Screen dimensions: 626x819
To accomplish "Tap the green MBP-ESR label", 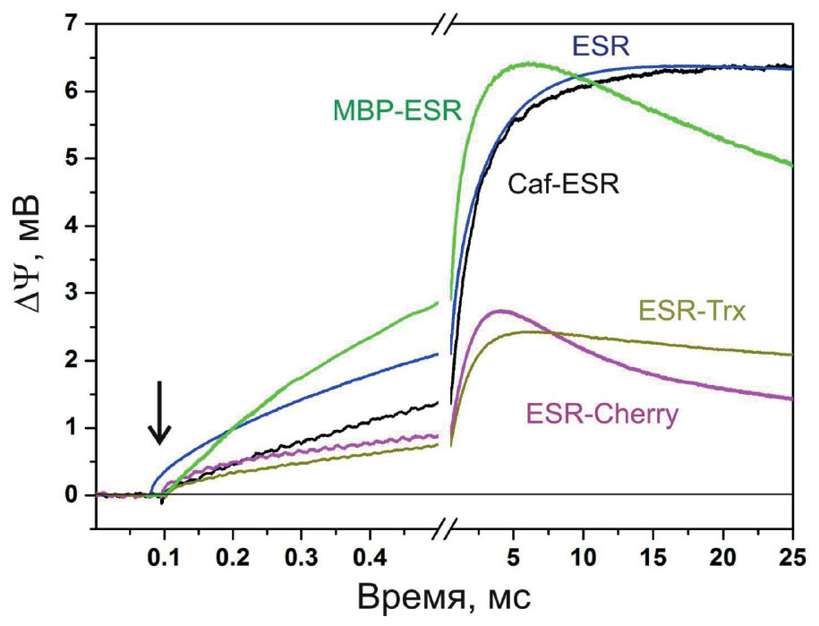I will point(397,110).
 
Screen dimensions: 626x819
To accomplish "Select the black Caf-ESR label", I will point(565,184).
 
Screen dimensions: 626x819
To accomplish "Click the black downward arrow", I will point(159,413).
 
